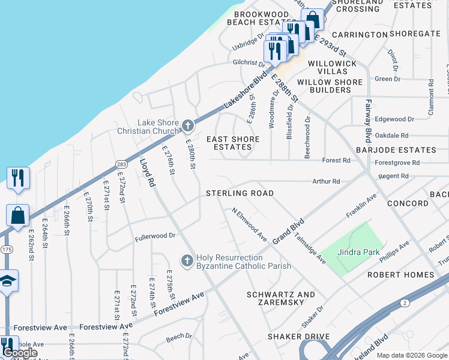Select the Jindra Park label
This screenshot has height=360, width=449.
[358, 252]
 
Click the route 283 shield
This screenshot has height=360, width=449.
[121, 164]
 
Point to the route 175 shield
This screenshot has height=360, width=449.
[7, 249]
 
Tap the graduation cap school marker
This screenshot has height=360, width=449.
[8, 281]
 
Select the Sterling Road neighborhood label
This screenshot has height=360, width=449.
[240, 193]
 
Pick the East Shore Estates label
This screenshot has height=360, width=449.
[233, 143]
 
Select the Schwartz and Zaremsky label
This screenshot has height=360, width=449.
[281, 299]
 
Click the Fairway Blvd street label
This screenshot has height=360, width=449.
[368, 116]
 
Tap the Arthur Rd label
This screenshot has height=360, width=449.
[326, 181]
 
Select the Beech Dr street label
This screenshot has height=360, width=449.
[178, 337]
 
